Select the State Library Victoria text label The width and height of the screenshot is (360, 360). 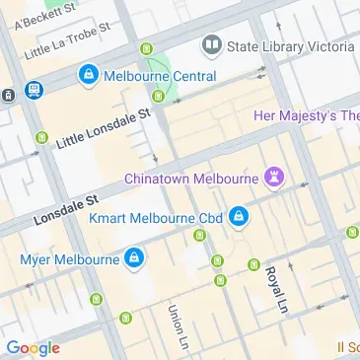(x=290, y=46)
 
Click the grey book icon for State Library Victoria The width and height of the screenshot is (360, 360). (x=210, y=45)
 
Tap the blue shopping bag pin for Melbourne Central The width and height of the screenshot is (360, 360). (x=90, y=74)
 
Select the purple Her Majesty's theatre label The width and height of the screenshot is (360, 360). (x=307, y=115)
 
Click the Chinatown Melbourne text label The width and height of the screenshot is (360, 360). (x=191, y=178)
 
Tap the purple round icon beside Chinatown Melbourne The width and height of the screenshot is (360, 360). (x=275, y=178)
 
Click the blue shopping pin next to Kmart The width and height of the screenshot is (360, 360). (x=239, y=216)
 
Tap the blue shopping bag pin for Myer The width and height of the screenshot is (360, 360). (x=133, y=260)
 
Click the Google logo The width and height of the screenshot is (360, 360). (x=33, y=348)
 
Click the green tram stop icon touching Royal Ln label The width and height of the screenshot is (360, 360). (x=254, y=264)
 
